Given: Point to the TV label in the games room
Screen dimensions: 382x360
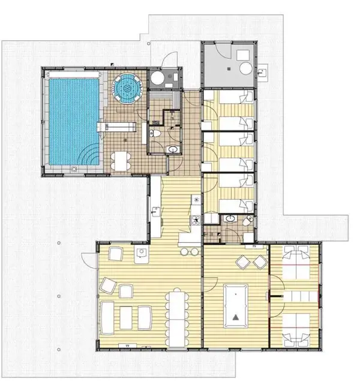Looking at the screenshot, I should [254, 246].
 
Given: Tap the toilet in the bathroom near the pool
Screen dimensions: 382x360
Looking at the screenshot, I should [154, 135].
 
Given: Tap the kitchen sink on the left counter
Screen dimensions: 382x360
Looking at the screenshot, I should [155, 211].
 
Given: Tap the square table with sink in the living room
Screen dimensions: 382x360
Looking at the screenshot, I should [142, 254].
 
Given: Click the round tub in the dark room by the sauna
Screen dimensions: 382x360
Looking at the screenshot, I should [157, 79].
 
